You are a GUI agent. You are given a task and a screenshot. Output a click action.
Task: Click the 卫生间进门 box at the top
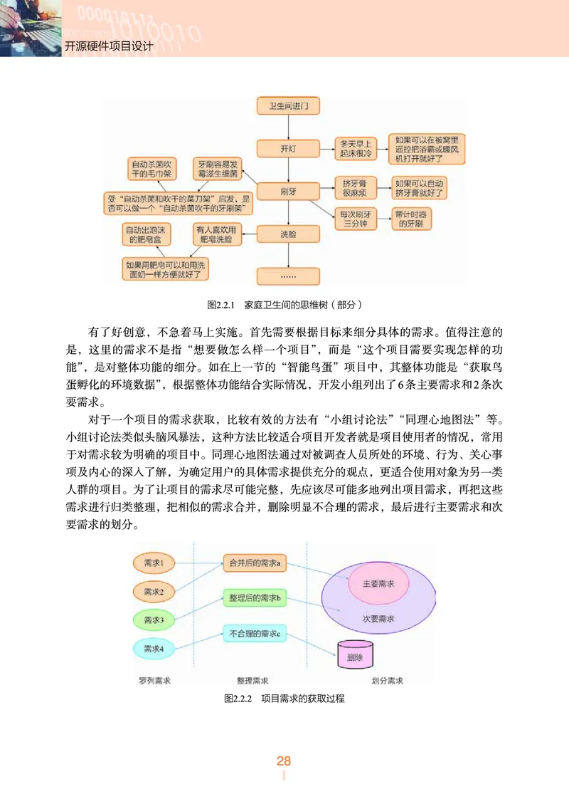point(288,107)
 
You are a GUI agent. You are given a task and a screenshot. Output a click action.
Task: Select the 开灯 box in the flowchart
point(288,149)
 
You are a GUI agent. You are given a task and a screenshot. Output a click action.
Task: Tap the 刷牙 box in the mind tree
point(288,191)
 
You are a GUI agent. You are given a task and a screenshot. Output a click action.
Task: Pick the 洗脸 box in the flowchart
point(288,234)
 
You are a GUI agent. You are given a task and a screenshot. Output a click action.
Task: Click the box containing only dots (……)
point(288,275)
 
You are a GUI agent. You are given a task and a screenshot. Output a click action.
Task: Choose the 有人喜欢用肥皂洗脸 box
point(217,235)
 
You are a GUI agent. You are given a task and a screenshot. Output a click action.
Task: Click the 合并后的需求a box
point(254,563)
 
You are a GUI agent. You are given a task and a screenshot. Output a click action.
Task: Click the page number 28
point(284,761)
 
